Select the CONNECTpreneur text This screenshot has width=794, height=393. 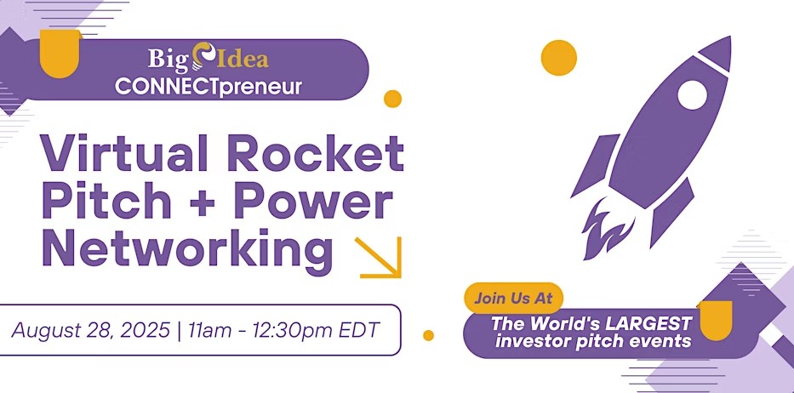pyautogui.click(x=208, y=86)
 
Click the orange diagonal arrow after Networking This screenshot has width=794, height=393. pyautogui.click(x=379, y=257)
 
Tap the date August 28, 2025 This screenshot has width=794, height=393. pyautogui.click(x=91, y=330)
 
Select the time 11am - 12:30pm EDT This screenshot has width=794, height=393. pyautogui.click(x=283, y=330)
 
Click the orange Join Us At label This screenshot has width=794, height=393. pyautogui.click(x=513, y=298)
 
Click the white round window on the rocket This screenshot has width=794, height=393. pyautogui.click(x=692, y=95)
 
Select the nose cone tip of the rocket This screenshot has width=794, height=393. pyautogui.click(x=730, y=37)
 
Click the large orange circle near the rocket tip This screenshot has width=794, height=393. pyautogui.click(x=559, y=58)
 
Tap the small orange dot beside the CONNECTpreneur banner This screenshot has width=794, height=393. pyautogui.click(x=392, y=99)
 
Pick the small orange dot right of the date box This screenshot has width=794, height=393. pyautogui.click(x=428, y=335)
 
